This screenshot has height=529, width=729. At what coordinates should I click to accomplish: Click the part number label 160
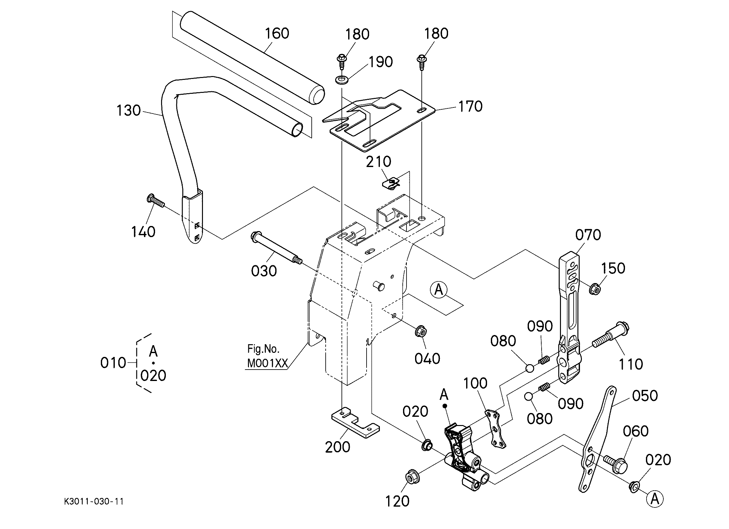277,33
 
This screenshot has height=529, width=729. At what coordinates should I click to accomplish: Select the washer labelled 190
342,79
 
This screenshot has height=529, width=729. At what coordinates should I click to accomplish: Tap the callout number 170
470,106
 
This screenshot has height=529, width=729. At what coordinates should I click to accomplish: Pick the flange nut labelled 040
420,331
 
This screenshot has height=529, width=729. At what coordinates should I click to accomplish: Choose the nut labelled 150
595,289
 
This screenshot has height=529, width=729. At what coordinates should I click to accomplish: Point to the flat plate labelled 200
355,423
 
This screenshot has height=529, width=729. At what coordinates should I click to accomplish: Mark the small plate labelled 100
496,429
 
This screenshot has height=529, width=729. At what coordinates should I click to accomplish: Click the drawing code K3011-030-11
94,501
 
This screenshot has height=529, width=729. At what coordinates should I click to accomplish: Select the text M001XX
267,363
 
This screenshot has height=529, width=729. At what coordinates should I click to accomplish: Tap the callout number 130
128,111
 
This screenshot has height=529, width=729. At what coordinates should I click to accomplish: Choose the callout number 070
588,235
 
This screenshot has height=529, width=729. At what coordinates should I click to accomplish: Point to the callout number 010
113,363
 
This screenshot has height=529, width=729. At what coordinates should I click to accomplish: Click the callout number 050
645,396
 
